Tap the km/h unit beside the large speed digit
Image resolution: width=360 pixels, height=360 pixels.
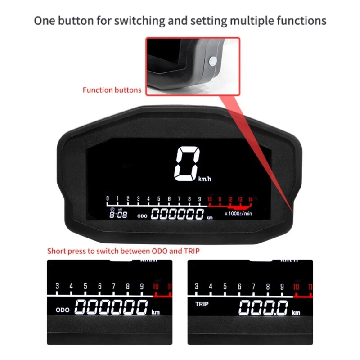pos(204,179)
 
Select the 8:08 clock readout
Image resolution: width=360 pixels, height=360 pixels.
pos(119,214)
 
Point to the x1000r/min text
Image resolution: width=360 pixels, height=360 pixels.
pos(238,214)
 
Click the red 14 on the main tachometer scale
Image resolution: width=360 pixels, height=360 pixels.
pos(251,199)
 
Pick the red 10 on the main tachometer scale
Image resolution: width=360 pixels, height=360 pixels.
pos(209,199)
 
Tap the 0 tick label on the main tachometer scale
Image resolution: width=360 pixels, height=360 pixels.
pos(107,199)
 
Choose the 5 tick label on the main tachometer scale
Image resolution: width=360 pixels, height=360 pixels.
pos(159,199)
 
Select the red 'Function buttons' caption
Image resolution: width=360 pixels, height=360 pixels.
pos(112,90)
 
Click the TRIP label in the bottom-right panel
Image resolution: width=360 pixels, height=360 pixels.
pos(202,304)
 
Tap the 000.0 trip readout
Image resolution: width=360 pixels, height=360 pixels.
pos(263,308)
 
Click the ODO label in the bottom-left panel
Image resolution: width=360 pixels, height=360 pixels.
pos(63,310)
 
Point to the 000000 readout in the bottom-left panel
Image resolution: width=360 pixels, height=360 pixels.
pos(111,308)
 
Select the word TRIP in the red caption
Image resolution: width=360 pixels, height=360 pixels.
pos(189,251)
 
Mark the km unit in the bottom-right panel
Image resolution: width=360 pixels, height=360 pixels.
pos(296,313)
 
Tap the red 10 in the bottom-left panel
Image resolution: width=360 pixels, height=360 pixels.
pos(156,286)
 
